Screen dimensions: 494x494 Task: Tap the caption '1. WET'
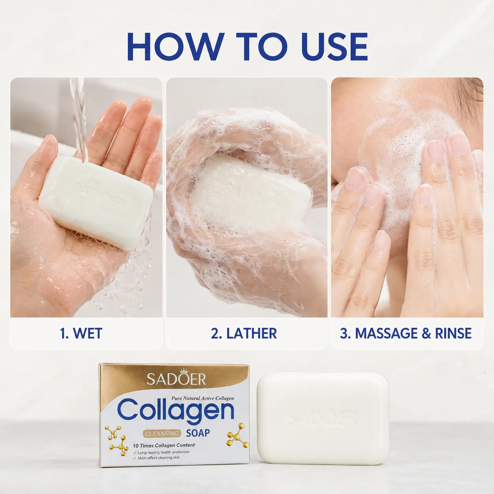[81, 333]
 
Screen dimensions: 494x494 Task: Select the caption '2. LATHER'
[244, 333]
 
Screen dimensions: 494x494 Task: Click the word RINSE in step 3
[453, 333]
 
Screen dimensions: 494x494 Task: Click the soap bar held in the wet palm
[96, 202]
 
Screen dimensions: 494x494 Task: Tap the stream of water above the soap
[80, 120]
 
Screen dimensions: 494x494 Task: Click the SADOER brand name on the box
[176, 380]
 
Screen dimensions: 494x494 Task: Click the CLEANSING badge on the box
[162, 433]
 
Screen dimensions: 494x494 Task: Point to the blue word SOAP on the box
[198, 433]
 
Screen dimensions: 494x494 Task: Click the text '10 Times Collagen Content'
[164, 445]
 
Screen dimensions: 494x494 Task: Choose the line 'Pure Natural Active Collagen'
[202, 398]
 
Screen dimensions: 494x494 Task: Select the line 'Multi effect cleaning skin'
[158, 458]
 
